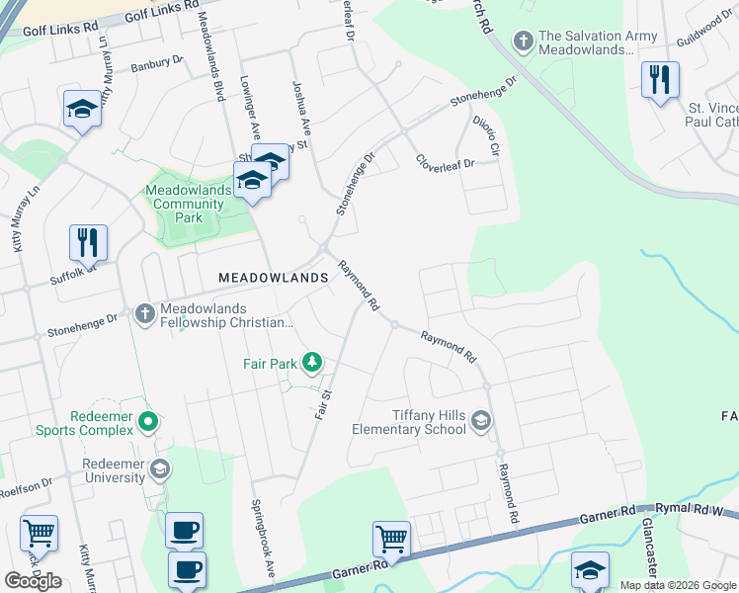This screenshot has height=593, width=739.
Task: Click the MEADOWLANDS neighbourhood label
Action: coord(273,279)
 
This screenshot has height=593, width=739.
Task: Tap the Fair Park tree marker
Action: coord(312,364)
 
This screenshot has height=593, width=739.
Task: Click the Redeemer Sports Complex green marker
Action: coord(148,423)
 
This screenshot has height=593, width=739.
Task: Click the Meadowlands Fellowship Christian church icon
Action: coord(144,313)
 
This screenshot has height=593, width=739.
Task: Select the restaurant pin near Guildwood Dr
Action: coord(660,79)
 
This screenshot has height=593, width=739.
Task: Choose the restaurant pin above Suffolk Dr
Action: coord(88,241)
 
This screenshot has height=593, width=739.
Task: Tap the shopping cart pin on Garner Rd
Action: coord(391,540)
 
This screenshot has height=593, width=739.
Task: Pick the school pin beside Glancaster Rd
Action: coord(590,570)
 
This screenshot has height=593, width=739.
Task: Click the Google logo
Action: coord(33,580)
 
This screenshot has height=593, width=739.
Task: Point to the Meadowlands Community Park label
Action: coord(188,204)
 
